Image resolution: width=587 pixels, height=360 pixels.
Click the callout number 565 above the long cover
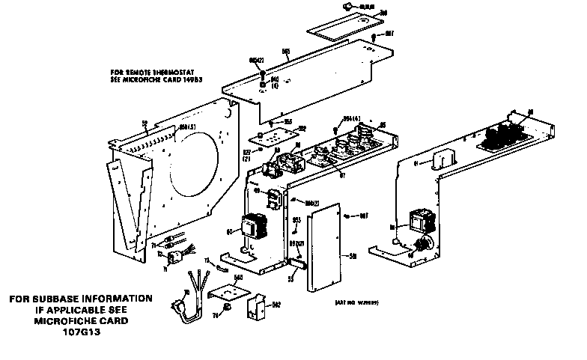click(285, 52)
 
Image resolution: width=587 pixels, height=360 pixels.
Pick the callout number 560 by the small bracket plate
click(240, 278)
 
